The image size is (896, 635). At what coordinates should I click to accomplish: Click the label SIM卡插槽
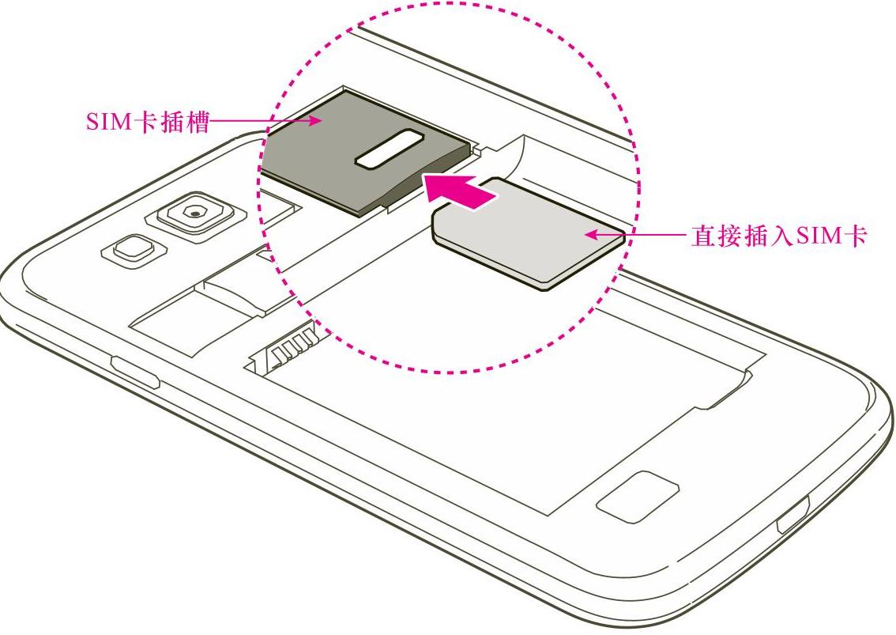(147, 123)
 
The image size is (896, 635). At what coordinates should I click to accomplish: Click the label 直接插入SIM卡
(779, 236)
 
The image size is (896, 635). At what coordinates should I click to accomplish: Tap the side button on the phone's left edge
(135, 372)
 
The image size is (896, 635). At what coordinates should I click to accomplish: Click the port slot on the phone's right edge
(793, 519)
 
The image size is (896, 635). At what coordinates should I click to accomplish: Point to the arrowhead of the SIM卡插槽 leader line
(317, 122)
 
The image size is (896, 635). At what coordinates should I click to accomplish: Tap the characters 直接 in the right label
(713, 236)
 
